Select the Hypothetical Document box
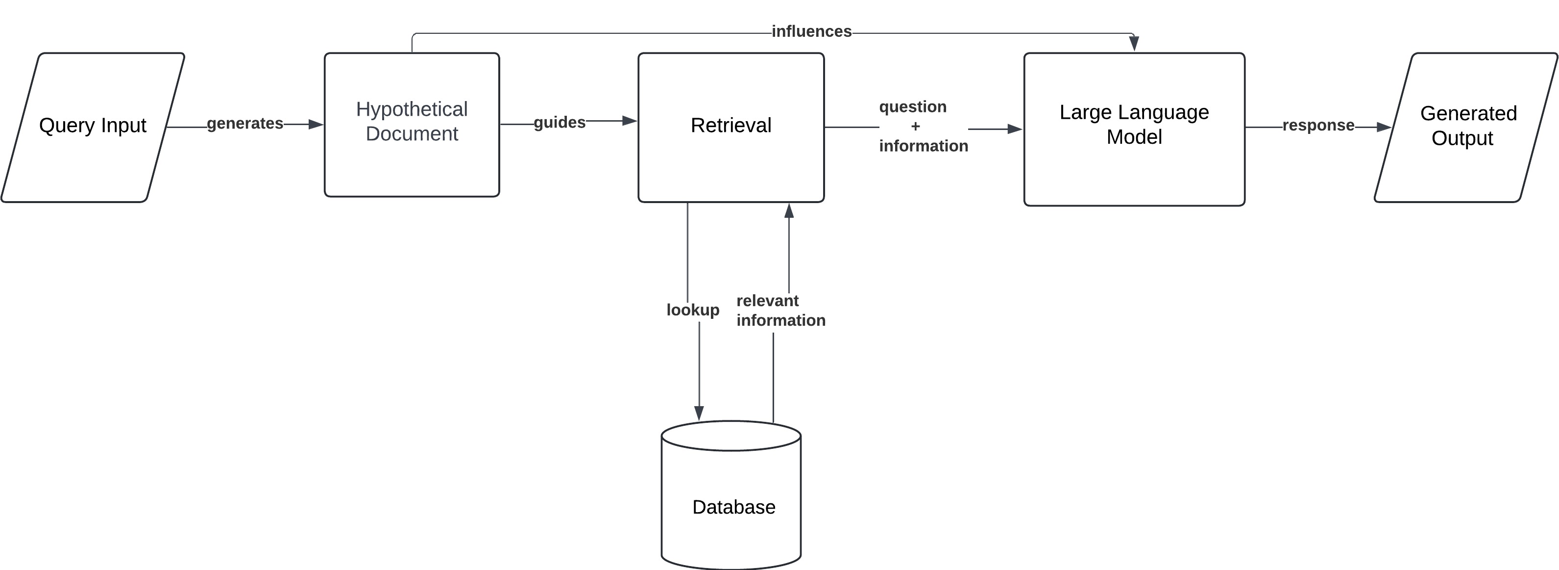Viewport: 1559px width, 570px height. click(x=412, y=124)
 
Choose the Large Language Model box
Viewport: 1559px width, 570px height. click(x=1134, y=129)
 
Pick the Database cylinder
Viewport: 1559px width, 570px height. click(x=731, y=503)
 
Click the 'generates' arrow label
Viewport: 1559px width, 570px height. click(x=245, y=124)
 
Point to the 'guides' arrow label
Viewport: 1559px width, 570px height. click(x=559, y=122)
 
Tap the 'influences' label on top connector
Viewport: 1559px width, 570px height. click(x=811, y=31)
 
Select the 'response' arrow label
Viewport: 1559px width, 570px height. click(x=1318, y=126)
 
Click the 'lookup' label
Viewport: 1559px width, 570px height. click(x=693, y=310)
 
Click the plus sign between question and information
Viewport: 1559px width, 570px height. click(x=915, y=127)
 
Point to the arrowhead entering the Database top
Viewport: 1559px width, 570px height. click(x=699, y=413)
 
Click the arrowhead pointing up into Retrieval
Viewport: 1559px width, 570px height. click(x=789, y=211)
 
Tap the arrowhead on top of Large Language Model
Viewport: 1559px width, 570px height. click(x=1134, y=44)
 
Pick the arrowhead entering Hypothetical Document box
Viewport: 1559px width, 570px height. click(x=316, y=124)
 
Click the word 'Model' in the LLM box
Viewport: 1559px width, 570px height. click(x=1134, y=137)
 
